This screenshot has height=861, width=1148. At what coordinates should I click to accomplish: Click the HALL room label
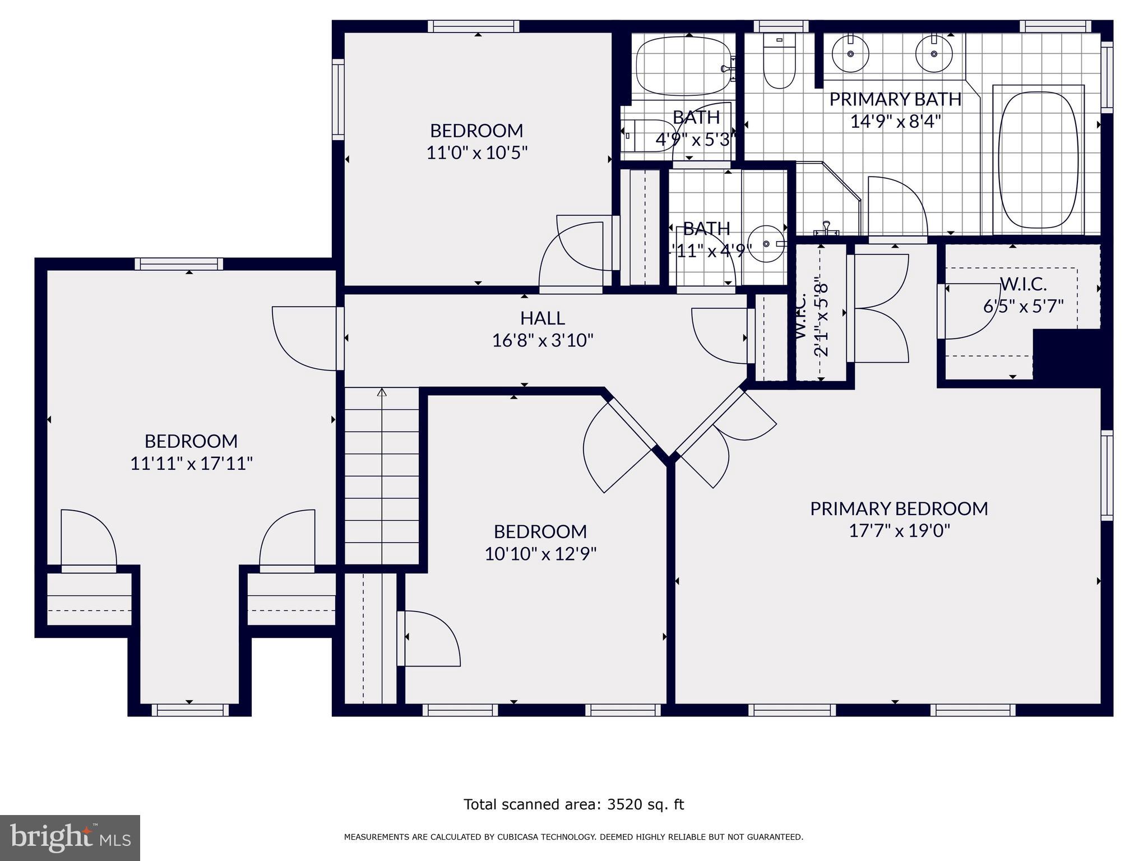[x=542, y=318]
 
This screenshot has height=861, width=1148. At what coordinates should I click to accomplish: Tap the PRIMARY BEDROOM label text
[x=899, y=508]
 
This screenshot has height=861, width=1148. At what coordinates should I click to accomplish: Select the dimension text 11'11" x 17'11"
[x=191, y=464]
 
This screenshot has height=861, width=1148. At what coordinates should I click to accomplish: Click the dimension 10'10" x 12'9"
[x=540, y=554]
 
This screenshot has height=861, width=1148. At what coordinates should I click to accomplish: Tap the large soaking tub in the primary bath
[x=1039, y=160]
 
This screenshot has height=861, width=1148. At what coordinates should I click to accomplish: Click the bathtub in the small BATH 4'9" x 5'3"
[x=683, y=66]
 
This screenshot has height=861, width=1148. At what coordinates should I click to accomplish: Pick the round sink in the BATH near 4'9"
[x=767, y=244]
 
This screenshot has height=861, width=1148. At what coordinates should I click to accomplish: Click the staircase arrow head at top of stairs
[x=382, y=392]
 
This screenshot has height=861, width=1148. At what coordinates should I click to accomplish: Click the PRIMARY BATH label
[x=895, y=99]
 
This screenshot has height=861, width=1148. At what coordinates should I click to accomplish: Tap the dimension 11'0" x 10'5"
[x=477, y=152]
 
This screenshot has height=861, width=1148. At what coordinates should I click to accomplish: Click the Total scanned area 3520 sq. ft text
[x=573, y=804]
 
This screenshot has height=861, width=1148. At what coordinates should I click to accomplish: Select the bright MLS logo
[x=70, y=837]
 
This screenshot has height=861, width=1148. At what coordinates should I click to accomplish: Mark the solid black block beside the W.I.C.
[x=1067, y=357]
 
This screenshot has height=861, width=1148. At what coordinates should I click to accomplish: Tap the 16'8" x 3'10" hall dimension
[x=542, y=340]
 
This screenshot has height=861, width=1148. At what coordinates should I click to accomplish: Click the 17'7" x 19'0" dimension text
[x=899, y=530]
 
